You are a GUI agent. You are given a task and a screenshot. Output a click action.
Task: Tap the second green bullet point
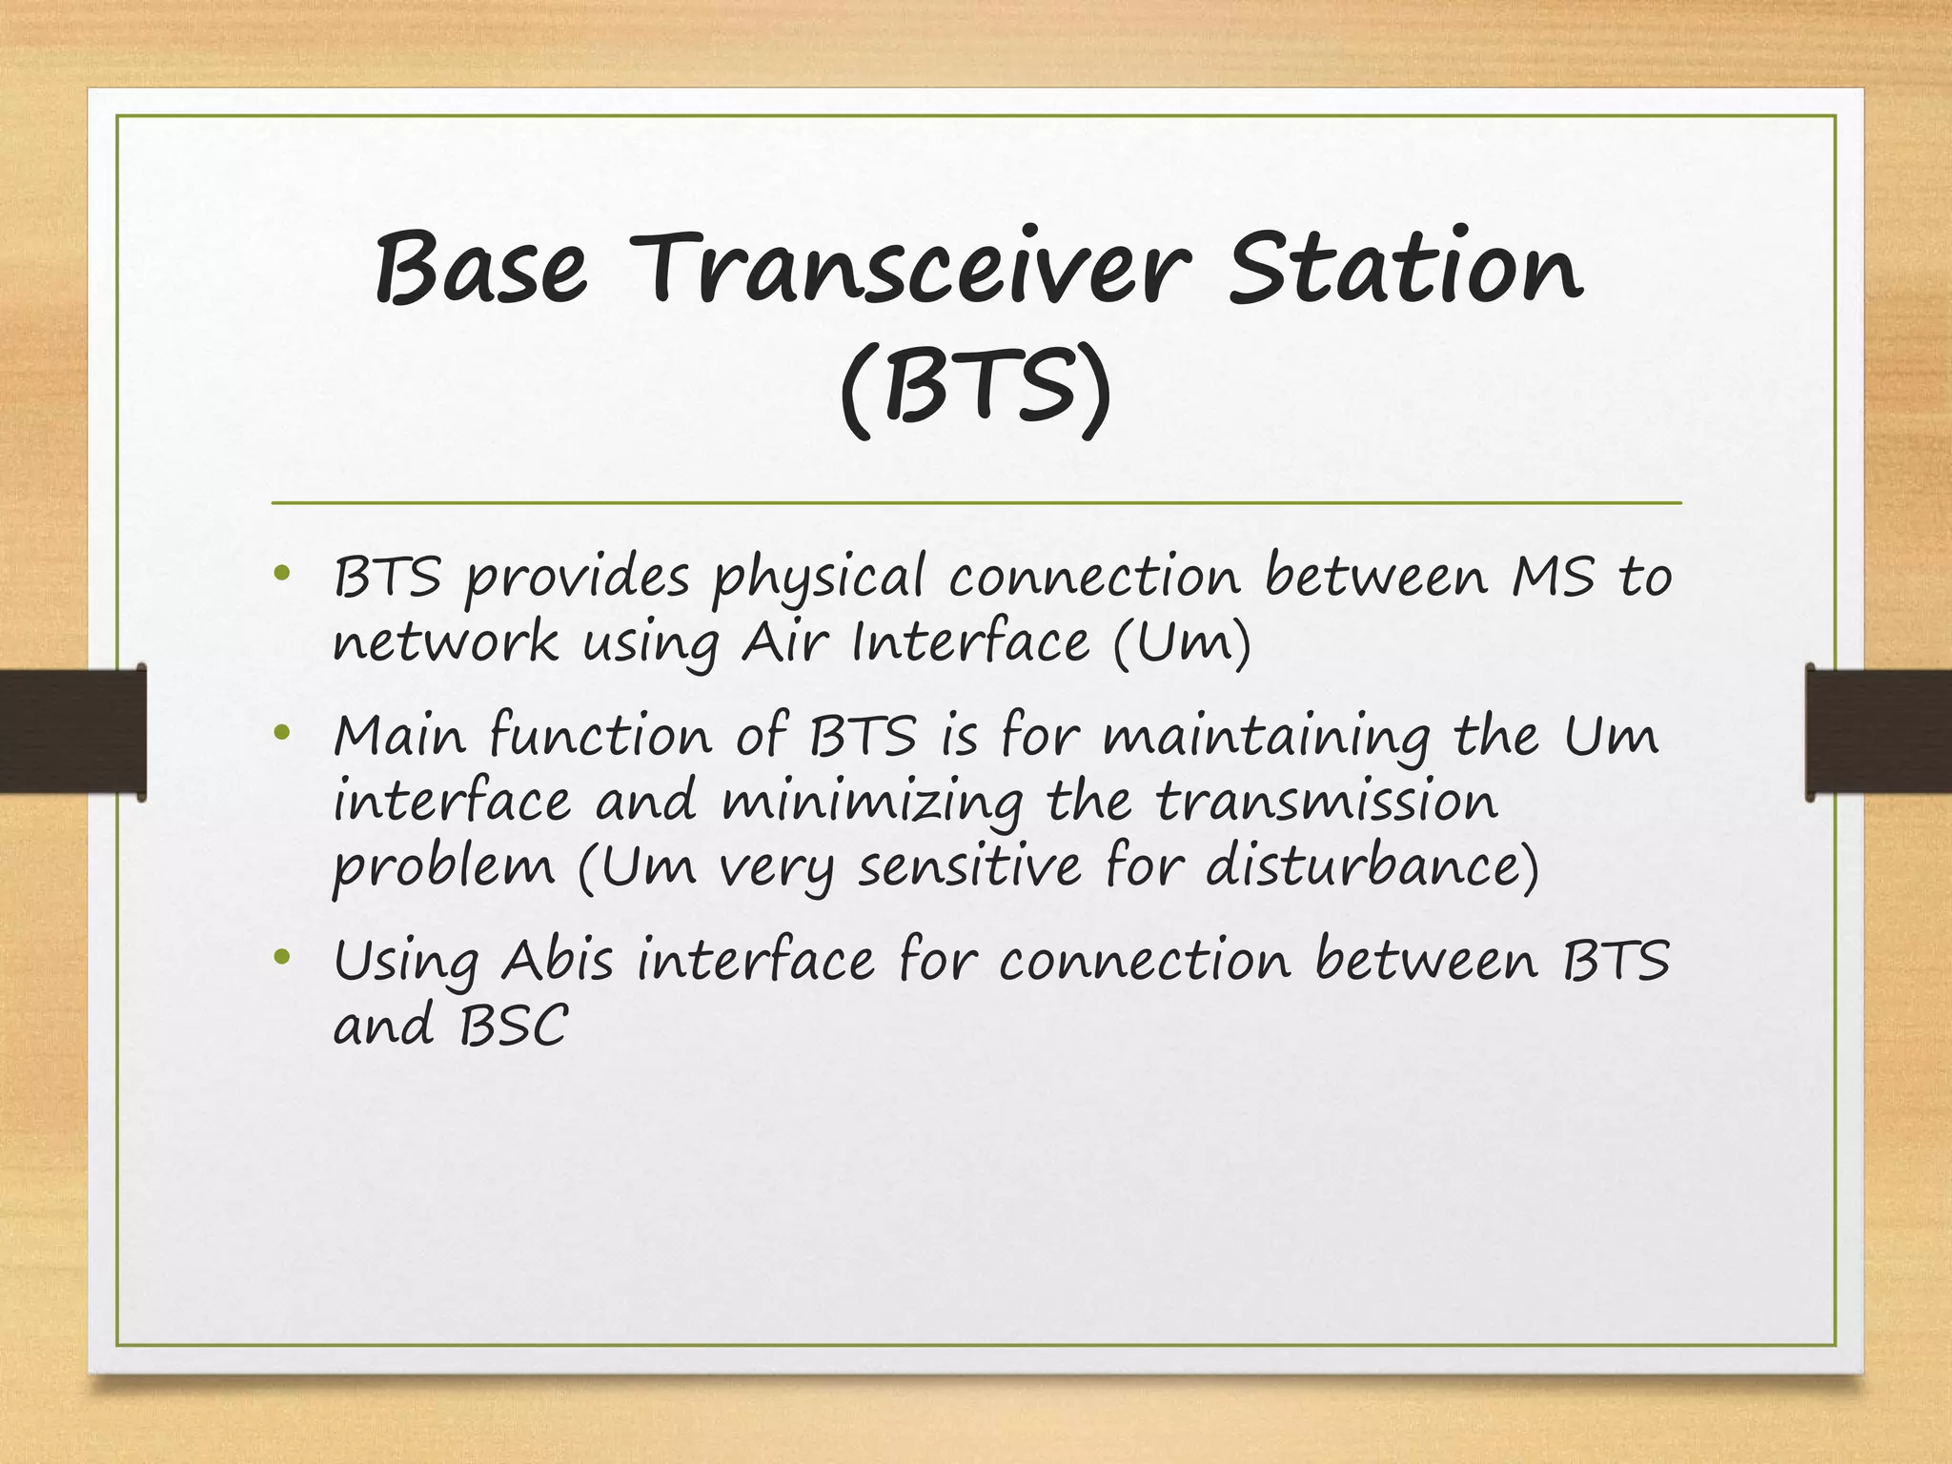coord(280,733)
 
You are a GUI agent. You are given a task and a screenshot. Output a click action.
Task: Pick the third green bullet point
coord(280,956)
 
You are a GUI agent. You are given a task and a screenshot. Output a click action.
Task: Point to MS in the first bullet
coord(1553,577)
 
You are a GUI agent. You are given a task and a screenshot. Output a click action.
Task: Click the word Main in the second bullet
coord(399,737)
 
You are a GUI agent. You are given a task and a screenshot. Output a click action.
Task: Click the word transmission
coord(1327,802)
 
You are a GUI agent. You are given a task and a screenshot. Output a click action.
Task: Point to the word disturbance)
coord(1372,866)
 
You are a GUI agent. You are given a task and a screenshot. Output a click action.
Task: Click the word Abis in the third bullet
coord(558,960)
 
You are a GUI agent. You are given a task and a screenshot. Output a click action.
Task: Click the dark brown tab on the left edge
coord(72,731)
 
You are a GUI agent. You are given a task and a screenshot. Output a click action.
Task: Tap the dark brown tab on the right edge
coord(1878,731)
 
